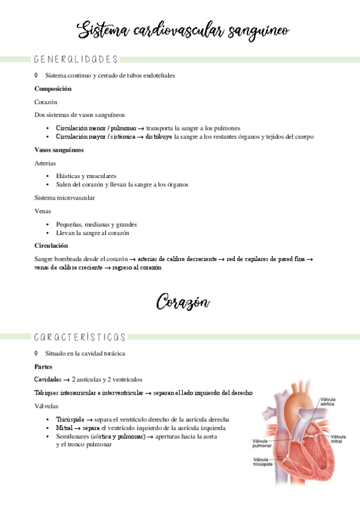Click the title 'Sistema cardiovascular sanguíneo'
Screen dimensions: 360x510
(x=184, y=30)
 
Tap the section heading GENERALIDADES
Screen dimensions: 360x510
(x=76, y=60)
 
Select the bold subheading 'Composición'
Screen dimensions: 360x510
(x=53, y=89)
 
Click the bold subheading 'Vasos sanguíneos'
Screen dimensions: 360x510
(x=59, y=150)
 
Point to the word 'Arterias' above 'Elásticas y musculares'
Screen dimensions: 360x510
(x=46, y=163)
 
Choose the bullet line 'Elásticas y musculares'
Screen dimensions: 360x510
(x=86, y=176)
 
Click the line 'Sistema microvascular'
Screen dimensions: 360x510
(x=64, y=197)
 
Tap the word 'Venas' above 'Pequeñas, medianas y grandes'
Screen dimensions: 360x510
(x=43, y=210)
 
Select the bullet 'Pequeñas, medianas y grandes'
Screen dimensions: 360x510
(x=96, y=224)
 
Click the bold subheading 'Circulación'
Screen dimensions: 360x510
(x=51, y=245)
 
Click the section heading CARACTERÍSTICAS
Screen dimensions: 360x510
(x=80, y=337)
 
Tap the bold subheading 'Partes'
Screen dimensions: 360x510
(x=44, y=366)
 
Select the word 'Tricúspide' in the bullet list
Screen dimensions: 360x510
(x=69, y=419)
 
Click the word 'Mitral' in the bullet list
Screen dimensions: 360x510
(x=64, y=428)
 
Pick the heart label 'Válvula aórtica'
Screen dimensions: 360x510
(x=328, y=402)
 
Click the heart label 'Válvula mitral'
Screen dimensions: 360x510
(x=338, y=439)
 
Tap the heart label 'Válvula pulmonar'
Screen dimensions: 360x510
(x=261, y=444)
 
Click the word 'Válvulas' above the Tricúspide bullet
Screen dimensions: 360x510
(x=47, y=406)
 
